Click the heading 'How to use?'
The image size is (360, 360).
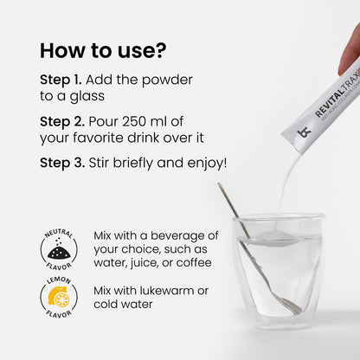click(x=102, y=49)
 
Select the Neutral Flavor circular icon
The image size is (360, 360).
click(x=58, y=249)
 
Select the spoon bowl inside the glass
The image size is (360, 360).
click(x=288, y=305)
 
